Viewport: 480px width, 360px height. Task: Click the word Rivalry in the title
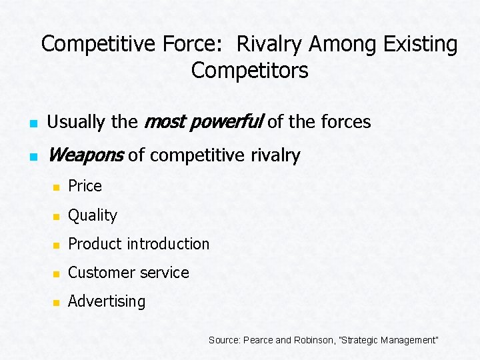[273, 45]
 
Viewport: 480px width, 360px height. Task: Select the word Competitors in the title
[249, 70]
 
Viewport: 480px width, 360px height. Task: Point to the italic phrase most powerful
[203, 122]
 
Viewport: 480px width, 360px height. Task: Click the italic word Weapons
[85, 155]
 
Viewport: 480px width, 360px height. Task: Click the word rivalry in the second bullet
[277, 155]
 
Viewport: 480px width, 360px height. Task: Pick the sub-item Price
[85, 186]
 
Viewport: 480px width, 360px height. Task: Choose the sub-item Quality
[93, 215]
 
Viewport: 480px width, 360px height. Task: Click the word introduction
[172, 244]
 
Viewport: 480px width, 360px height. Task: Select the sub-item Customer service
[129, 273]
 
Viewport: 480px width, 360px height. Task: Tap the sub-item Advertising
[107, 301]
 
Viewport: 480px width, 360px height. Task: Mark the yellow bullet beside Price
[57, 187]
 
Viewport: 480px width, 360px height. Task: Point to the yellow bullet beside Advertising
[57, 303]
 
